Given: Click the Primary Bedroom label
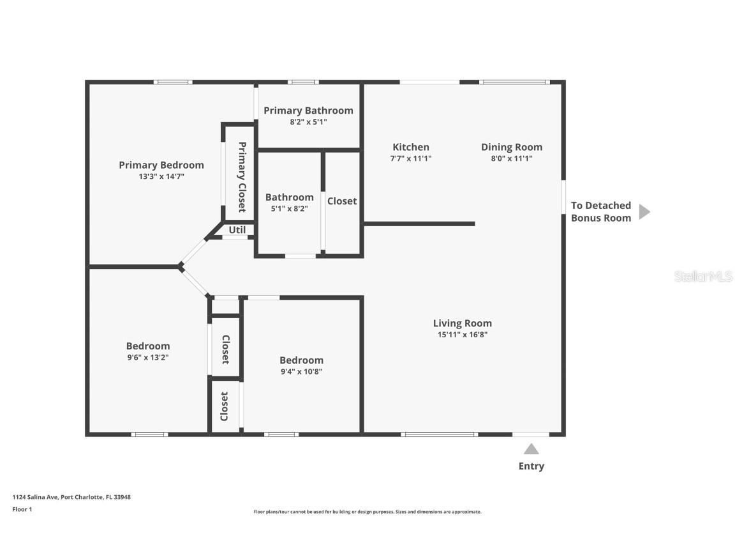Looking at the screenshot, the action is click(161, 165).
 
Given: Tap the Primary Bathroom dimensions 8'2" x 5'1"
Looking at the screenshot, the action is click(308, 122).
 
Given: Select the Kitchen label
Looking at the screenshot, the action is click(411, 147).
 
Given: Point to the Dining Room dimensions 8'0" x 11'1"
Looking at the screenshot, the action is click(512, 158).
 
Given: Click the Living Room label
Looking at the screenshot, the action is click(462, 323).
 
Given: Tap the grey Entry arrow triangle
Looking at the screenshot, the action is click(531, 449).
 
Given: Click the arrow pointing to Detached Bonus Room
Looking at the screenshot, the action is click(644, 211).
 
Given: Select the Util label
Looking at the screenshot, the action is click(237, 230).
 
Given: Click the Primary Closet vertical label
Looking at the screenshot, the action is click(242, 177).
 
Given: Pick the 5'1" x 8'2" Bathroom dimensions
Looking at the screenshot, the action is click(289, 209).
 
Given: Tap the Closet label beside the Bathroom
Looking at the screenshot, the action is click(342, 201).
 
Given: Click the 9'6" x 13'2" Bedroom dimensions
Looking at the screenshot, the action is click(147, 358).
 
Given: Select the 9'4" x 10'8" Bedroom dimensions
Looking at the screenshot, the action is click(301, 372).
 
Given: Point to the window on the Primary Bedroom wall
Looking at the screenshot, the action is click(173, 82).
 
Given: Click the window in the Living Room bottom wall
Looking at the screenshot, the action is click(439, 434).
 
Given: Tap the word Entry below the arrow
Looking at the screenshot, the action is click(531, 466).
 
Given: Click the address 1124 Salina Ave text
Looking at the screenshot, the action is click(71, 497).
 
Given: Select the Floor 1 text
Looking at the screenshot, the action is click(22, 509).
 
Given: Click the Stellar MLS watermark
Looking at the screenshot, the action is click(703, 277).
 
